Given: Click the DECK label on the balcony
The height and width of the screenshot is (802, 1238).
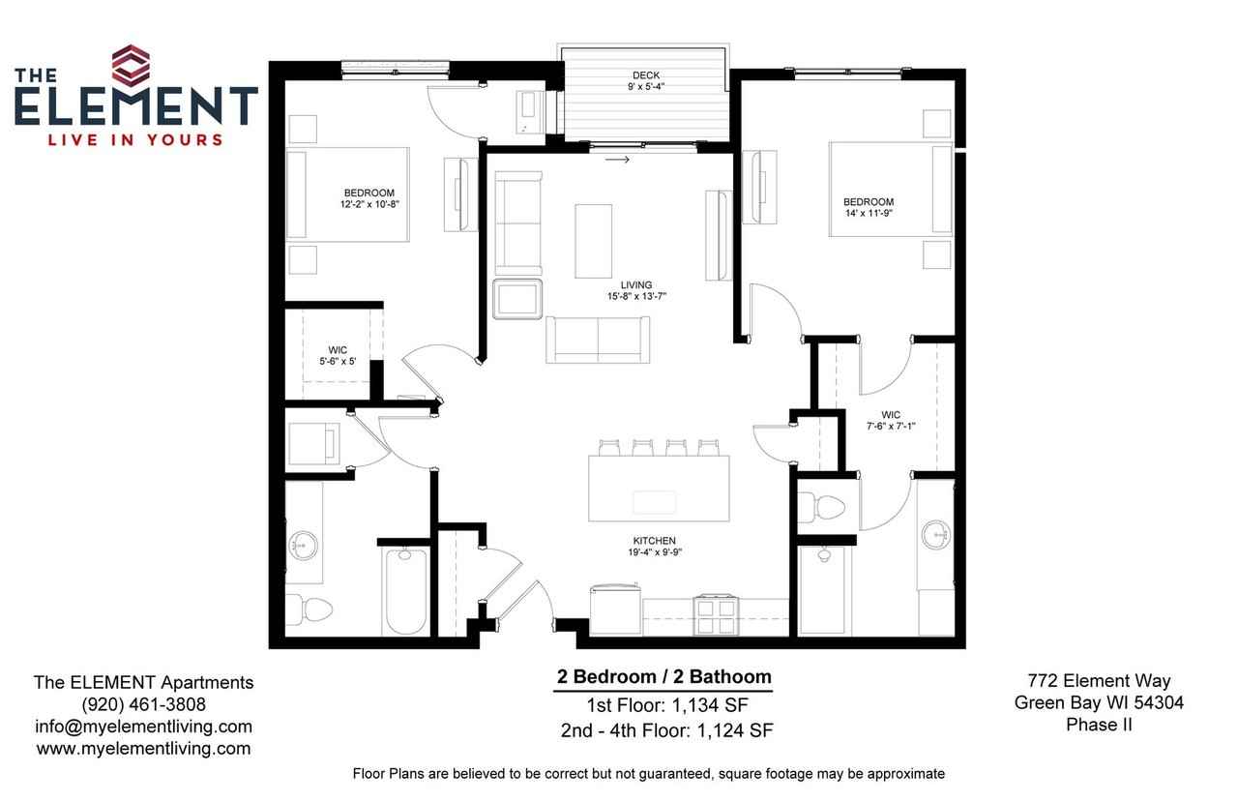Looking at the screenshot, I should click(x=645, y=75).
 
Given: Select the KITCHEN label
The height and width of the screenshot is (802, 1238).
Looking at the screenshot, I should click(x=655, y=541).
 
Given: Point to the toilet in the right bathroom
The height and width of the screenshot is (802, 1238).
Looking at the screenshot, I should click(x=821, y=507).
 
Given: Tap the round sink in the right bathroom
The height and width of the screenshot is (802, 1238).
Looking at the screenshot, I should click(x=934, y=533).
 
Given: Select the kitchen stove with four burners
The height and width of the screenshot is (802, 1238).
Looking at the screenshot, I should click(x=716, y=612).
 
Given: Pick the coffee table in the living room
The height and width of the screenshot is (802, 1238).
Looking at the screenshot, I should click(x=594, y=240).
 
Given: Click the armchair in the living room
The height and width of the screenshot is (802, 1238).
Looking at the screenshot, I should click(x=518, y=298).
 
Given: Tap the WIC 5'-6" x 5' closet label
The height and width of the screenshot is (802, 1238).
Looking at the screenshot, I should click(x=338, y=355).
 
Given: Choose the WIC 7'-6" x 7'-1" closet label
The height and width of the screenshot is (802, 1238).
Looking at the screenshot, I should click(x=890, y=420).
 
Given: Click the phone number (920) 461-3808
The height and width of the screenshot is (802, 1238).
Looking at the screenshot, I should click(x=143, y=704).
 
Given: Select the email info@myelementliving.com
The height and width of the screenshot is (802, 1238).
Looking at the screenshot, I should click(x=143, y=727).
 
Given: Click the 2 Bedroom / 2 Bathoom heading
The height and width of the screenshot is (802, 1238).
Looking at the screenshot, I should click(x=663, y=677).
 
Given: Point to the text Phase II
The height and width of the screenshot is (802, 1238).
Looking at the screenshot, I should click(x=1098, y=725).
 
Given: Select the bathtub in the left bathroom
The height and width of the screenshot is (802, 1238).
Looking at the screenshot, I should click(x=405, y=590).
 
